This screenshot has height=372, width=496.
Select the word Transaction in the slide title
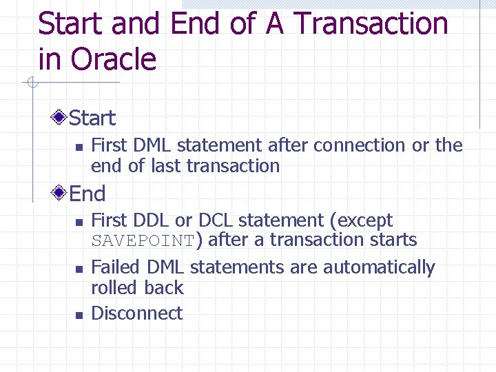371,24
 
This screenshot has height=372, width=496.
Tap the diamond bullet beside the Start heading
61,118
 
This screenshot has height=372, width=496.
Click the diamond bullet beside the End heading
61,194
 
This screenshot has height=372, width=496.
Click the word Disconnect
136,313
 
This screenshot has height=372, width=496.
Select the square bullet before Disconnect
79,315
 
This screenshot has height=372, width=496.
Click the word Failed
115,267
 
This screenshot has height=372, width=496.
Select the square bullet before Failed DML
79,269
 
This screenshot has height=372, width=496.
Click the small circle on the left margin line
31,84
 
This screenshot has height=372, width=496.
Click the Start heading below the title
92,118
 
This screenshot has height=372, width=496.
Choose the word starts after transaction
393,240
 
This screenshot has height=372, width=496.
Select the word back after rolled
163,288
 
